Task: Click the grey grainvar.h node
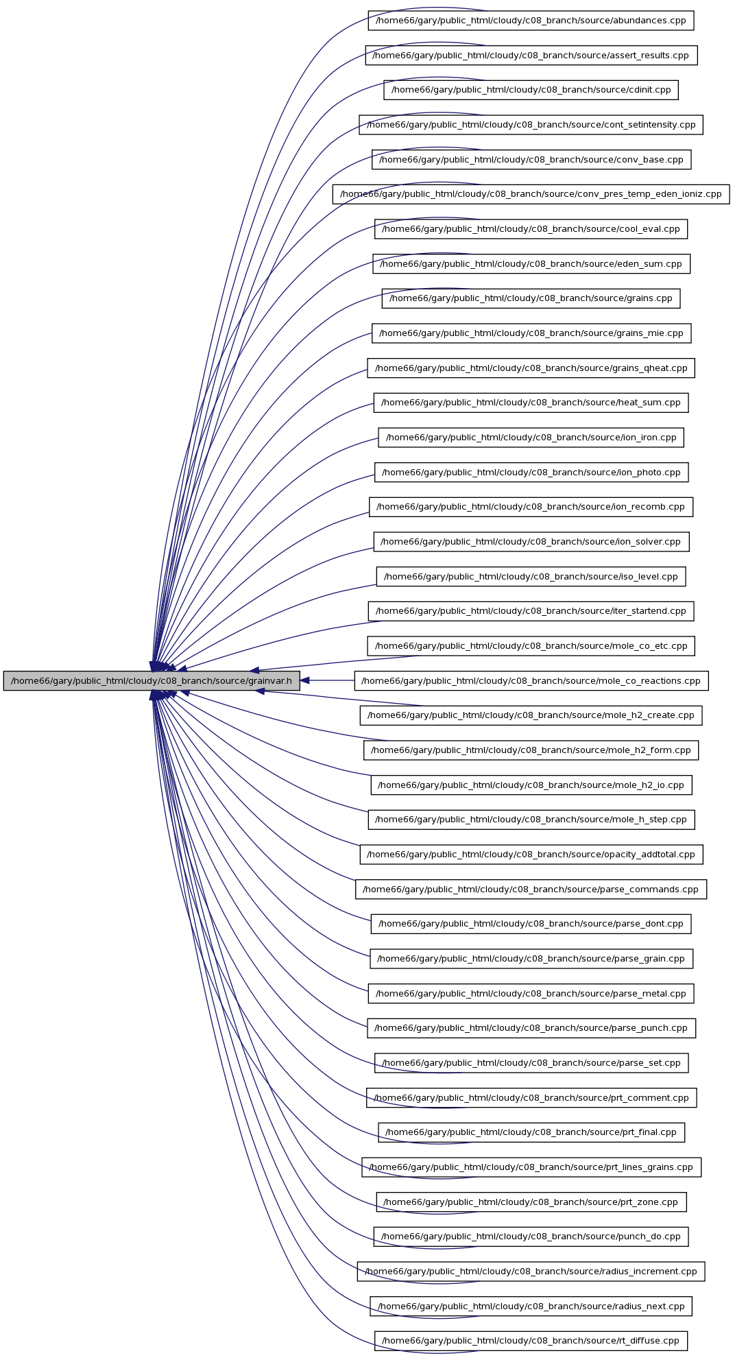[152, 681]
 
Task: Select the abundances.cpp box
[531, 21]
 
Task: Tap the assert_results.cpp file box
[531, 56]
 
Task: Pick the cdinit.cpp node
[531, 90]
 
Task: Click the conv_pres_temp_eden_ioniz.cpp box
[531, 194]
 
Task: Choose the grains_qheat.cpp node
[531, 368]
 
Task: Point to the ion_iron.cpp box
[531, 438]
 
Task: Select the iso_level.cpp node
[531, 577]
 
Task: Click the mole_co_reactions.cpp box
[531, 681]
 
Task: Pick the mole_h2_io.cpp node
[531, 785]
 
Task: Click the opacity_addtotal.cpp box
[531, 855]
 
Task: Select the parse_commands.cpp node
[531, 890]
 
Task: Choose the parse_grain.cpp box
[531, 959]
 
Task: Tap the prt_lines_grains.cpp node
[531, 1167]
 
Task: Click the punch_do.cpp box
[531, 1237]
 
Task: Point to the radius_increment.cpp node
[531, 1272]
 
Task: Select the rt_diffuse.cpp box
[531, 1341]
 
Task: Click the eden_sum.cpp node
[531, 264]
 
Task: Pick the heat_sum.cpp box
[531, 403]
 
